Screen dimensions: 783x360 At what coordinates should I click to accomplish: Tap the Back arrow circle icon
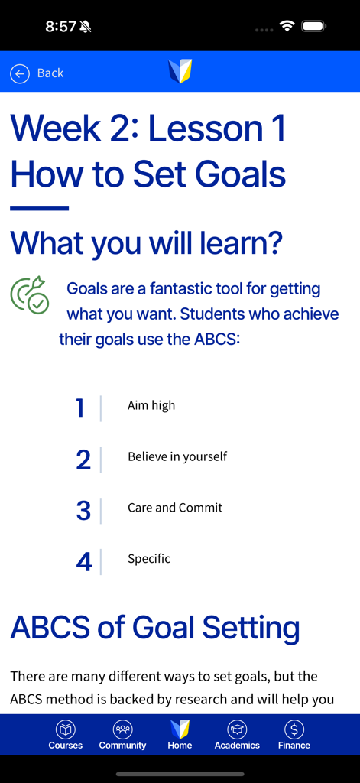tap(19, 73)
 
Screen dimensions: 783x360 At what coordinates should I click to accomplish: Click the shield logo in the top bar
tap(180, 72)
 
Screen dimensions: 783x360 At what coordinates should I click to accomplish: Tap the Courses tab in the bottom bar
tap(66, 734)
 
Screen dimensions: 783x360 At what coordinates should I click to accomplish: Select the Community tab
tap(122, 734)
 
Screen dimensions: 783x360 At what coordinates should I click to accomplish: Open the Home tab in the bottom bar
tap(180, 734)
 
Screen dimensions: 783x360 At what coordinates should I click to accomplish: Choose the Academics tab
tap(237, 734)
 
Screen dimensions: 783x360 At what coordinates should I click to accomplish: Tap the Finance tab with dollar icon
tap(294, 734)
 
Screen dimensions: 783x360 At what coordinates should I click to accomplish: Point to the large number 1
tap(80, 408)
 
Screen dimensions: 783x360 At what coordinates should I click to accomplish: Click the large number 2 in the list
tap(83, 460)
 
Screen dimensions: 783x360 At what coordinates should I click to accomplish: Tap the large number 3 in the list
tap(83, 511)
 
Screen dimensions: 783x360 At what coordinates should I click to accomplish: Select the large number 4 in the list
tap(84, 562)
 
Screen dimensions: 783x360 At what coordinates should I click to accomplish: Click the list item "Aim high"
tap(151, 405)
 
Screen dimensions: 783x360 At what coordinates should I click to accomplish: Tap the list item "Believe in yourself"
tap(177, 456)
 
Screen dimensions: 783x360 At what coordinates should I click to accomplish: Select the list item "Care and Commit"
tap(175, 508)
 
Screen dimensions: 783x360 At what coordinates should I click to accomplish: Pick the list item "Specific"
tap(149, 559)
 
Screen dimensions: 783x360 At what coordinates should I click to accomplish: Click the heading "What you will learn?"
tap(147, 243)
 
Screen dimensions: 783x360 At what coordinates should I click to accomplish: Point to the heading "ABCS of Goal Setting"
tap(155, 628)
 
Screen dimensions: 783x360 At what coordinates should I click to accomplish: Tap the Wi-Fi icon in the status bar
tap(287, 27)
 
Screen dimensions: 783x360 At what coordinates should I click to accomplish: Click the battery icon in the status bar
tap(313, 27)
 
